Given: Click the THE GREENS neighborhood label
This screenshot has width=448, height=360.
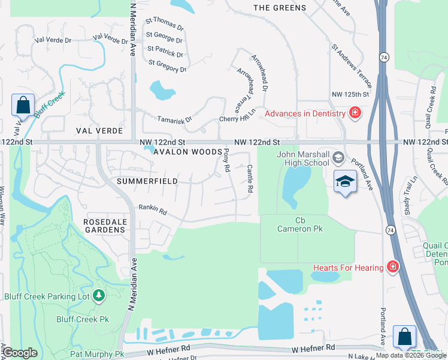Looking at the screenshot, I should coord(279,8).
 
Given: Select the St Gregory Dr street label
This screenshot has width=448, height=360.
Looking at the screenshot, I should coord(168,66).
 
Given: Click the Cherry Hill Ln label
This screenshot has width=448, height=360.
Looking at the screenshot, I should coord(238,115).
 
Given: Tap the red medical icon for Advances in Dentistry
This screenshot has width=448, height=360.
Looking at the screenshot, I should coord(355,113).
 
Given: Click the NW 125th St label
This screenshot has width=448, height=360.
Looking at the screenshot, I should coord(351,95).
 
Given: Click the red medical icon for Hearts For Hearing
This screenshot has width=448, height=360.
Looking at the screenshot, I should coord(392,266).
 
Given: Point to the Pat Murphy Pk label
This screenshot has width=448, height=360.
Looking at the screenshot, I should coord(97,355).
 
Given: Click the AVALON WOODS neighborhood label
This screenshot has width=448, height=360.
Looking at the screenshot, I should coord(187,152).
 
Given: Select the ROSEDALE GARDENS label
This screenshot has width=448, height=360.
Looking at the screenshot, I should coord(104,225).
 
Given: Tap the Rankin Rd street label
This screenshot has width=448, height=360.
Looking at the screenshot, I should coord(152,209).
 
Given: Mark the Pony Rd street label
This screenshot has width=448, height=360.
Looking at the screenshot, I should coord(226,161).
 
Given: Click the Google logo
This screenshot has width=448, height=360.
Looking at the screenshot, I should coord(20,353).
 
